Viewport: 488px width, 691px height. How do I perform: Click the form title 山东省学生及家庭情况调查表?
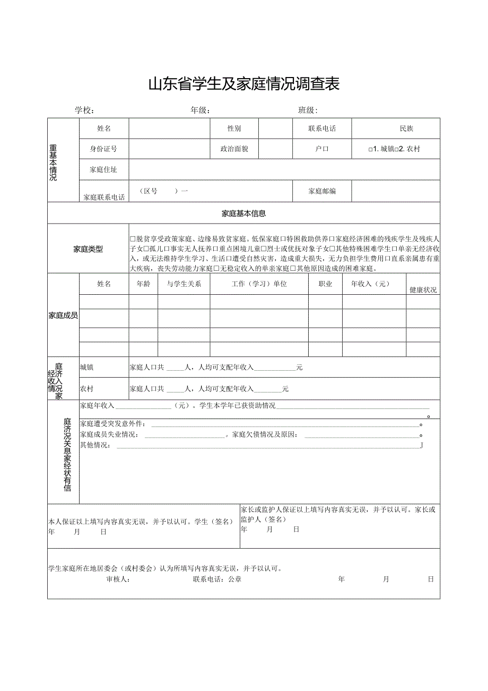pyautogui.click(x=243, y=84)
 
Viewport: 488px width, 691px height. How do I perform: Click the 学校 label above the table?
pyautogui.click(x=84, y=110)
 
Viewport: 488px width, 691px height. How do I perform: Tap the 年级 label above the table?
pyautogui.click(x=200, y=110)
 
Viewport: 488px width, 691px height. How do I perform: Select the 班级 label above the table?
pyautogui.click(x=308, y=110)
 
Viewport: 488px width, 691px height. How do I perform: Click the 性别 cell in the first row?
pyautogui.click(x=234, y=129)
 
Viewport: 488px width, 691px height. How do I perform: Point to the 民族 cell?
pyautogui.click(x=406, y=129)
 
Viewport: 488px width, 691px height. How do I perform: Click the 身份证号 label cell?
pyautogui.click(x=103, y=149)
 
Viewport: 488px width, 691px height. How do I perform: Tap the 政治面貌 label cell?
pyautogui.click(x=234, y=149)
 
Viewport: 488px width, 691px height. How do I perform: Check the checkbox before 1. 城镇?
pyautogui.click(x=371, y=149)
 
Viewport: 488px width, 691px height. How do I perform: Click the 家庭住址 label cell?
pyautogui.click(x=103, y=169)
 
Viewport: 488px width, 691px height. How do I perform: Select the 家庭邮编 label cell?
pyautogui.click(x=322, y=191)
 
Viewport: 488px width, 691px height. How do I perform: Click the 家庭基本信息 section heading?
pyautogui.click(x=243, y=214)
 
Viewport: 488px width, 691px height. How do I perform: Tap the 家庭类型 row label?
pyautogui.click(x=88, y=249)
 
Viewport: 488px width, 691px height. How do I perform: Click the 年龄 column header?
pyautogui.click(x=143, y=284)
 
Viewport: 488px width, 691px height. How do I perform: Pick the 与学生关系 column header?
pyautogui.click(x=184, y=284)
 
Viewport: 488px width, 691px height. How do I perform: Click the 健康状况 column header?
pyautogui.click(x=423, y=290)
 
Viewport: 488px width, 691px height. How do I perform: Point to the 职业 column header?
pyautogui.click(x=325, y=284)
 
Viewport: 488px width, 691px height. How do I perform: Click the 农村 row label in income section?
pyautogui.click(x=87, y=389)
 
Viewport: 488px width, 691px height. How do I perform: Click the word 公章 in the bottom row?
pyautogui.click(x=234, y=579)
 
